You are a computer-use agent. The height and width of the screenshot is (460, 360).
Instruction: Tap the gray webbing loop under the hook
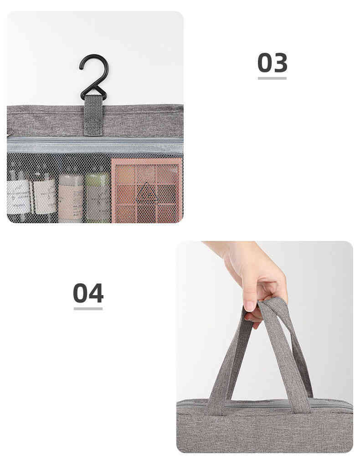click(93, 115)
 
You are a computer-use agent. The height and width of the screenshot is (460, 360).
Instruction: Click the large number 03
click(272, 63)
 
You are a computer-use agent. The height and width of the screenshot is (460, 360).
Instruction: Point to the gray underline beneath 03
click(272, 78)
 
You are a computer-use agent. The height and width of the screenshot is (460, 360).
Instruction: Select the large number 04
click(88, 293)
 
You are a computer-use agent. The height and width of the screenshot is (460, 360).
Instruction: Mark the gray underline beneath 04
click(88, 309)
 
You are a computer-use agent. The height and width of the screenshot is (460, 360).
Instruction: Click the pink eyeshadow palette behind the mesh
click(147, 190)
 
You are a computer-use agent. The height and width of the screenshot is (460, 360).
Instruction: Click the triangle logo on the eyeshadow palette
click(148, 194)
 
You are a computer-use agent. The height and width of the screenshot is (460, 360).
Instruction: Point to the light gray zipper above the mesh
click(95, 145)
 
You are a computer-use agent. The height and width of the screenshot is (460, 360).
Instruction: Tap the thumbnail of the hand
click(250, 306)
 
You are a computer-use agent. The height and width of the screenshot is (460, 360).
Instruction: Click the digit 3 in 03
click(280, 63)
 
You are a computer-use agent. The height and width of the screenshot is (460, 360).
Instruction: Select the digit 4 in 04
click(96, 293)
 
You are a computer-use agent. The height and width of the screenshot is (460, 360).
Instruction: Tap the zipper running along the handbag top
click(264, 404)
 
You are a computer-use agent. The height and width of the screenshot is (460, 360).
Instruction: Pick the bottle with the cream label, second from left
click(45, 197)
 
